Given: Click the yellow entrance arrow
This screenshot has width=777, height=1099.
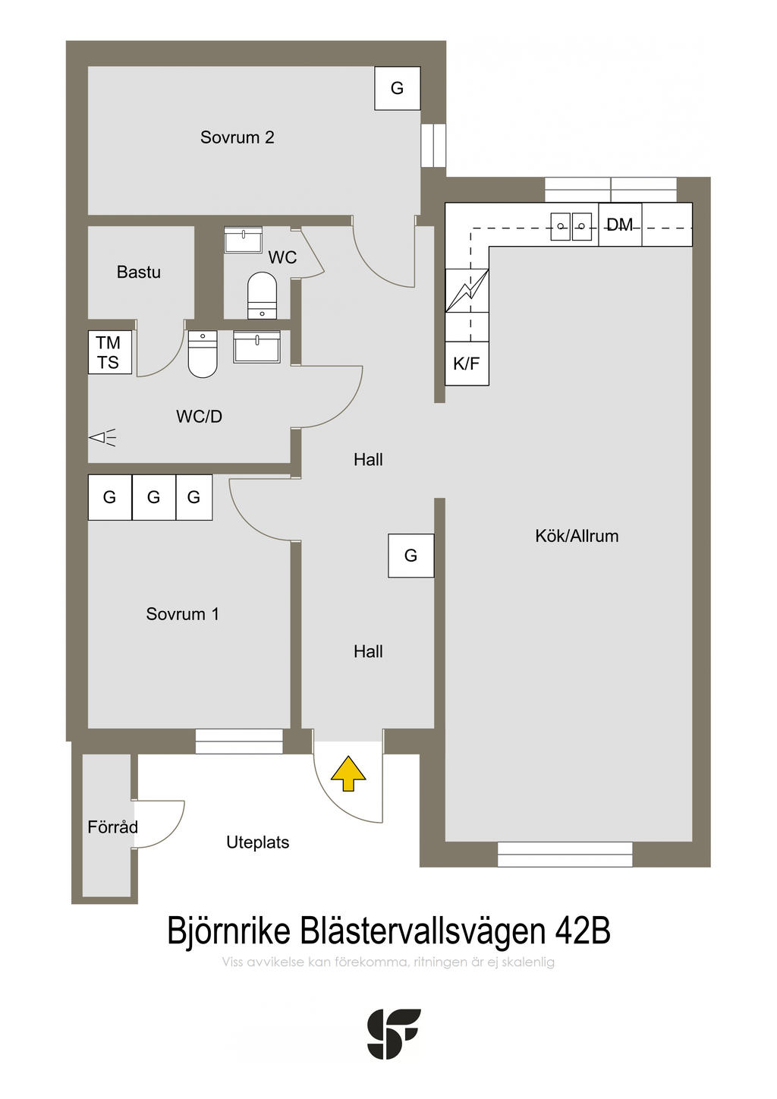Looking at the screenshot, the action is point(348,773).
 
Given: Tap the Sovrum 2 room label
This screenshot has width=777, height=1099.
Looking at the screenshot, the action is point(237,137).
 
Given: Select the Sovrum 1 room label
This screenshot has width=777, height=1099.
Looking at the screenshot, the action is point(182,614).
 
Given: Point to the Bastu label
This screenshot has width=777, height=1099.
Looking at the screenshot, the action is point(139,272).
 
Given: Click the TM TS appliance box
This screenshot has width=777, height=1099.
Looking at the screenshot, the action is point(110,352).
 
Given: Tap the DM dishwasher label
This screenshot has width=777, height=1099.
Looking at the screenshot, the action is point(619,225).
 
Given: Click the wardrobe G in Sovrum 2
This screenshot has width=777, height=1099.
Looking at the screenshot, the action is point(398,88).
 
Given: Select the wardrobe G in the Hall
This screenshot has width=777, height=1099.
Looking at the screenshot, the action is point(411,556).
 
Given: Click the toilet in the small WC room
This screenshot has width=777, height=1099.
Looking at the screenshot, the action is point(262,295).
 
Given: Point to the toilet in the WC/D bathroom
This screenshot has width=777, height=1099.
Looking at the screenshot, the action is point(203,354).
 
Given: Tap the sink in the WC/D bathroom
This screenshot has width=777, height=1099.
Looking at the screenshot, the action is point(256,346).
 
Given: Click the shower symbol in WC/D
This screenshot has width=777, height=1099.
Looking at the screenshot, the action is point(102,437).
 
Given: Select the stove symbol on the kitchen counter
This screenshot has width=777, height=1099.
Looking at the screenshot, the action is point(467,290).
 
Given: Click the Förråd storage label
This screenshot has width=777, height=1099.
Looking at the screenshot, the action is point(112,827).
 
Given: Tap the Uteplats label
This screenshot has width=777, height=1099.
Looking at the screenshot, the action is point(257,842).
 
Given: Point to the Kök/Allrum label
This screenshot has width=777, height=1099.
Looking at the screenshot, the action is point(577,536).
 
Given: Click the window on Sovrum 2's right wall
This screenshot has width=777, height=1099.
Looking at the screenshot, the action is point(433,145).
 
